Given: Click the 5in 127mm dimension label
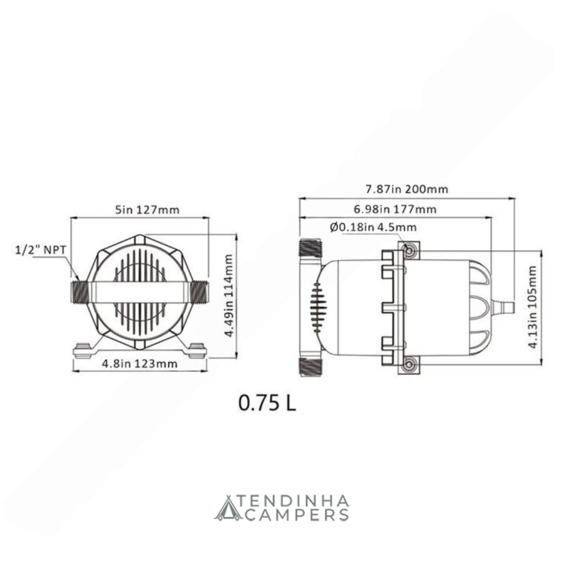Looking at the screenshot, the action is (147, 209).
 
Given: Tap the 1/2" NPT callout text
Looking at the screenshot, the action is (41, 250).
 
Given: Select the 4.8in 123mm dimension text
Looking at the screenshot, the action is (140, 364).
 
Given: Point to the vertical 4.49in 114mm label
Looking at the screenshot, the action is (229, 295).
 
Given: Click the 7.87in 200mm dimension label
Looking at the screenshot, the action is (407, 189).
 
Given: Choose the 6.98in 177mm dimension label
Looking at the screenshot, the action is (395, 209).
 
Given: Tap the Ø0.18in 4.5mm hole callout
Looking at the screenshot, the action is (373, 227).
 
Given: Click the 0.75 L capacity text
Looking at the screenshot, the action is (268, 403).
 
